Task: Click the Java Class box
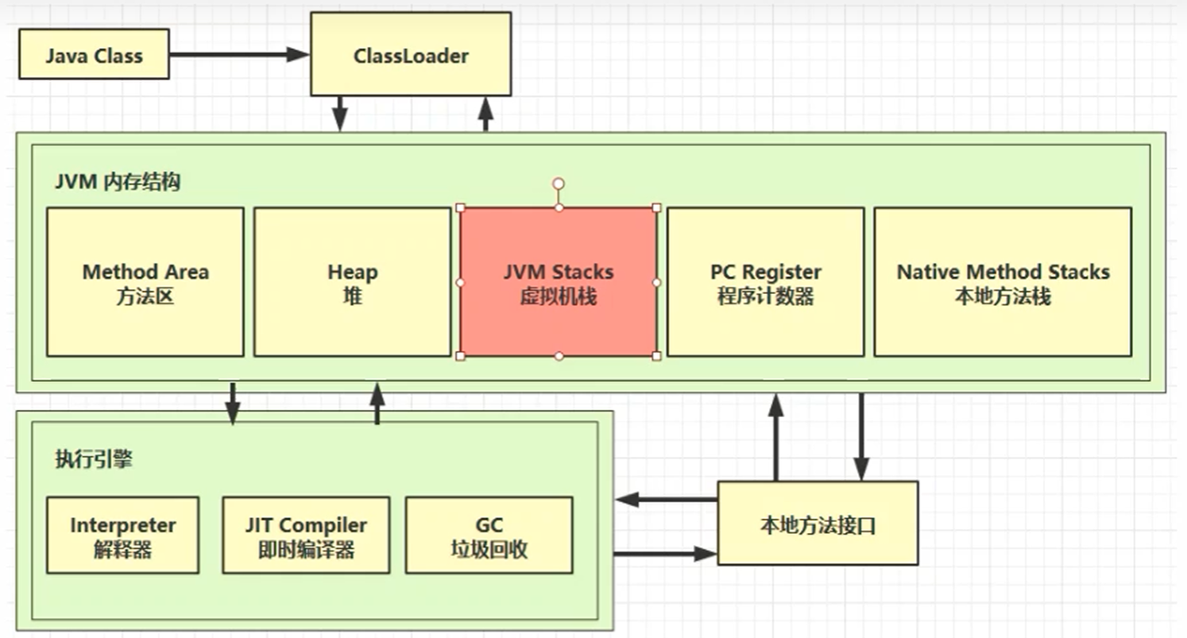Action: pyautogui.click(x=94, y=54)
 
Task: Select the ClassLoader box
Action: pyautogui.click(x=410, y=54)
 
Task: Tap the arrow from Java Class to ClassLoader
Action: pyautogui.click(x=238, y=54)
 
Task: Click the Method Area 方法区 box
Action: pyautogui.click(x=145, y=282)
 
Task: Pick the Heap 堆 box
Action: pyautogui.click(x=352, y=282)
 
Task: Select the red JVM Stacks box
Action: pyautogui.click(x=559, y=282)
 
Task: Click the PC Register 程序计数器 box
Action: pyautogui.click(x=765, y=282)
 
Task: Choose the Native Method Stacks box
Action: pyautogui.click(x=1003, y=282)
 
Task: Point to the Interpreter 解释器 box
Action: pyautogui.click(x=122, y=536)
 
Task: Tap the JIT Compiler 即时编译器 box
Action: pyautogui.click(x=306, y=536)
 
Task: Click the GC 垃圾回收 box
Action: pyautogui.click(x=489, y=536)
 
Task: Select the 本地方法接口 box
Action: pyautogui.click(x=818, y=524)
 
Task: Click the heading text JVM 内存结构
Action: pyautogui.click(x=118, y=182)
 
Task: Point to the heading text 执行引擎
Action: pyautogui.click(x=94, y=459)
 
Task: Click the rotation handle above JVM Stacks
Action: pyautogui.click(x=559, y=184)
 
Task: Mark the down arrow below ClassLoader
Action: pyautogui.click(x=340, y=114)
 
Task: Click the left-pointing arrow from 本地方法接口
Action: pyautogui.click(x=667, y=500)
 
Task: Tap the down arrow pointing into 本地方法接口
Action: pyautogui.click(x=861, y=437)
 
